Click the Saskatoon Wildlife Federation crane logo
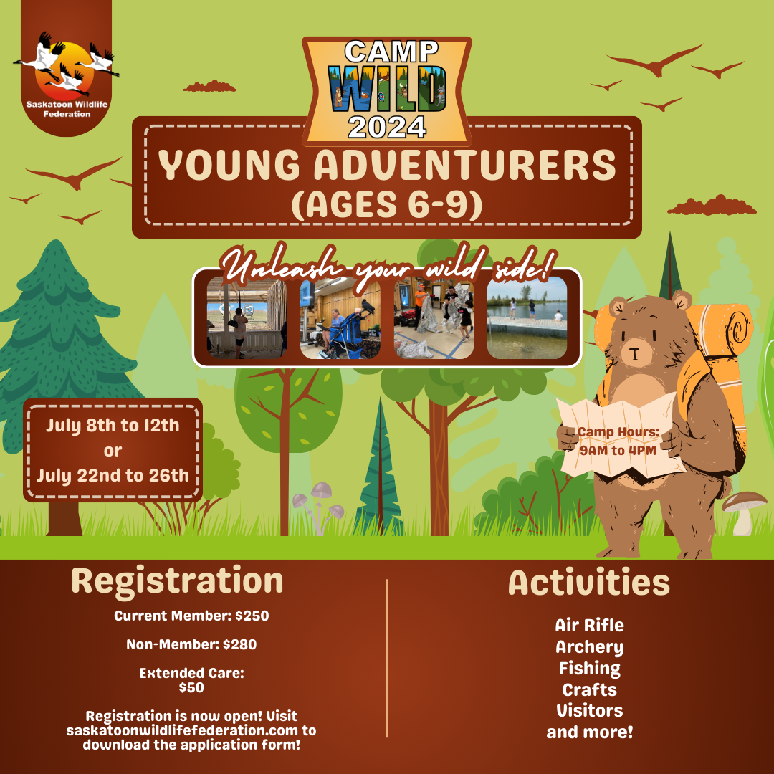pyautogui.click(x=67, y=64)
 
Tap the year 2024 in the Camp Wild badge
pyautogui.click(x=387, y=128)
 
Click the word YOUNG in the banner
pyautogui.click(x=229, y=165)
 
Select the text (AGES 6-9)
pyautogui.click(x=387, y=204)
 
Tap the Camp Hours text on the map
pyautogui.click(x=618, y=441)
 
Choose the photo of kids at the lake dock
pyautogui.click(x=527, y=317)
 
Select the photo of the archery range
pyautogui.click(x=247, y=317)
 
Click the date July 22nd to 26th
pyautogui.click(x=113, y=475)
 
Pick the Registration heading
pyautogui.click(x=177, y=581)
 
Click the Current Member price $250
pyautogui.click(x=252, y=616)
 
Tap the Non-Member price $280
pyautogui.click(x=239, y=645)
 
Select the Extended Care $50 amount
pyautogui.click(x=191, y=687)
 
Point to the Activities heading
pyautogui.click(x=589, y=583)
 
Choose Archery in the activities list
pyautogui.click(x=589, y=647)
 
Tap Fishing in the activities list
pyautogui.click(x=589, y=669)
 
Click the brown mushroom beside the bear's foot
pyautogui.click(x=743, y=513)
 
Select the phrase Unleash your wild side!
pyautogui.click(x=389, y=267)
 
